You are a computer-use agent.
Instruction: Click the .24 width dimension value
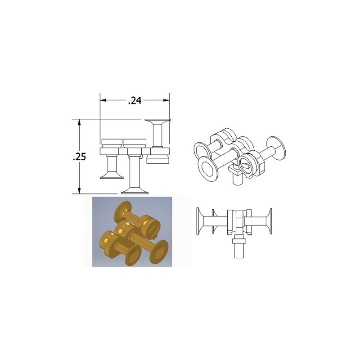click(x=135, y=100)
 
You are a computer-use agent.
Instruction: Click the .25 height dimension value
click(x=80, y=156)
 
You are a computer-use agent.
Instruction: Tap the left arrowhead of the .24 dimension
click(x=102, y=100)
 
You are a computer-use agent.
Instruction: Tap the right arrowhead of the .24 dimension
click(x=167, y=100)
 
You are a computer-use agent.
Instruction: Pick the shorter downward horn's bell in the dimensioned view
click(x=112, y=176)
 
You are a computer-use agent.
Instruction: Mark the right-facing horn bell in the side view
click(x=271, y=221)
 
